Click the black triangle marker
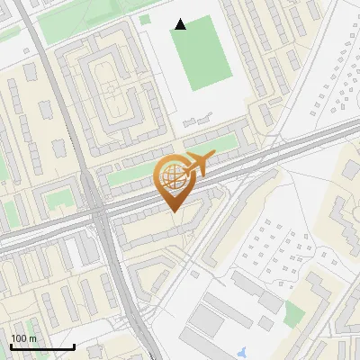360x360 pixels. pyautogui.click(x=180, y=24)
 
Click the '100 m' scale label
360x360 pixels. pyautogui.click(x=23, y=338)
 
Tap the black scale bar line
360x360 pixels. pyautogui.click(x=42, y=346)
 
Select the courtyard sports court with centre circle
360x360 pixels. pyautogui.click(x=111, y=89)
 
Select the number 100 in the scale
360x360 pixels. pyautogui.click(x=19, y=338)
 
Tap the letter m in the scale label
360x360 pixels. pyautogui.click(x=32, y=338)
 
